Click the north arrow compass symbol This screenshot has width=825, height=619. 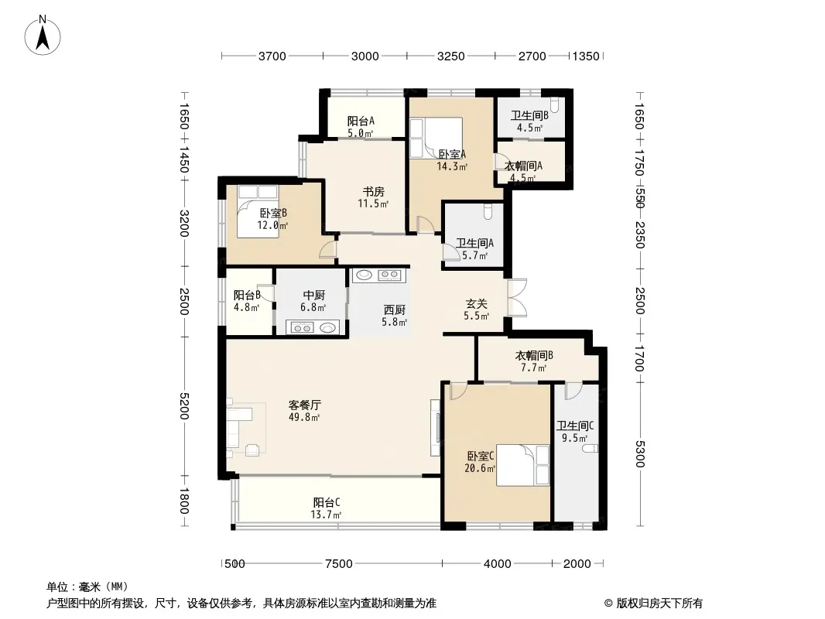point(43,36)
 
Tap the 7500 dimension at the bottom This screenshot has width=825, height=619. point(338,564)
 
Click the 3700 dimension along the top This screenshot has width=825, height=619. point(272,56)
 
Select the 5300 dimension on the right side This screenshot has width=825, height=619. point(639,454)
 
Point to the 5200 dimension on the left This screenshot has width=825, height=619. point(183,405)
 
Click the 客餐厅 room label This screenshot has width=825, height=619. point(305,405)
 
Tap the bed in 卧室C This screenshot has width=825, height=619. point(523,465)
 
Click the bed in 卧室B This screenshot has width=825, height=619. point(257,211)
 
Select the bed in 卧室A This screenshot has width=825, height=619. point(436,138)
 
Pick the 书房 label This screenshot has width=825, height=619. point(373,191)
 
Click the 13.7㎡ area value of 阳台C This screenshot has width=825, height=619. point(326,515)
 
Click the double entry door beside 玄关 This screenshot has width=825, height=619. point(517,297)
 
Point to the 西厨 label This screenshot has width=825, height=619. point(394,309)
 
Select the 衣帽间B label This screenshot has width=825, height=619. point(533,355)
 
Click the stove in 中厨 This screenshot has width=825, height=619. point(303,328)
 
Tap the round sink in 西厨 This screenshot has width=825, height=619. point(364,275)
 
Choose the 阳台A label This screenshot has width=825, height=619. point(361,121)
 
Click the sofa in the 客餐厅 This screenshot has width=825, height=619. point(234,427)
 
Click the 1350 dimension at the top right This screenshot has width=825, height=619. point(586,56)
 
